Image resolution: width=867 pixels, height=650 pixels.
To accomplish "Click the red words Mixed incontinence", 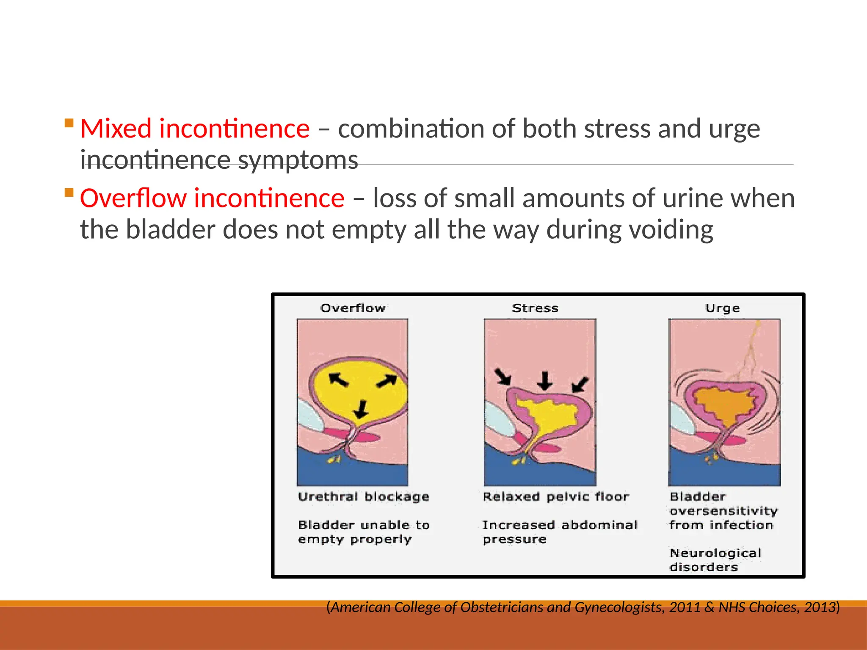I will pos(195,129).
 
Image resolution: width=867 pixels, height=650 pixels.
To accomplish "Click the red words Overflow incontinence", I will pos(212,198).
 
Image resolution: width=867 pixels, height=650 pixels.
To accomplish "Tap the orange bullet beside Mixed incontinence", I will pos(69,124).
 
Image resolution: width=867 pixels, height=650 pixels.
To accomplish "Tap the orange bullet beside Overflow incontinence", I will pos(69,193).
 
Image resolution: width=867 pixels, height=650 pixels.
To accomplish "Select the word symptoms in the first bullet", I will pos(298,161).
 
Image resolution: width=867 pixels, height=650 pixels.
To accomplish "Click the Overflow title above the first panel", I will pos(353,308).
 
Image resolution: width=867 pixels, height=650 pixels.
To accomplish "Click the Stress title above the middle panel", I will pos(535,308).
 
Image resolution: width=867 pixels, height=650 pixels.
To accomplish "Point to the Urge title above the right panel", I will pos(722,308).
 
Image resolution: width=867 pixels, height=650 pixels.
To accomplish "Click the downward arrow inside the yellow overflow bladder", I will pos(361,409).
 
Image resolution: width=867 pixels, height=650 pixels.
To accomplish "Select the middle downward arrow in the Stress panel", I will pos(545,380).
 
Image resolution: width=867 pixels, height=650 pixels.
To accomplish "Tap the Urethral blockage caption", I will pos(363,496).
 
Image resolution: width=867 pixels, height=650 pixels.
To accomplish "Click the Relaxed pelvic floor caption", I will pos(555,496).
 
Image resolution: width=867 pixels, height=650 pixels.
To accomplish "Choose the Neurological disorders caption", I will pos(715,560).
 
